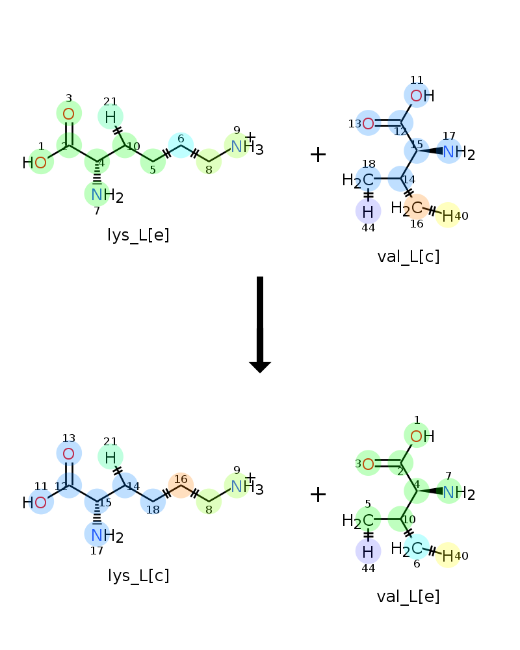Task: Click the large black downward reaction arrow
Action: click(x=260, y=324)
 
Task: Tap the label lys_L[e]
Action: click(x=138, y=235)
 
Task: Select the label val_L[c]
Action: click(x=408, y=257)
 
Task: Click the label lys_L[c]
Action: click(x=138, y=575)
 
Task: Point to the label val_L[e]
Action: click(x=408, y=597)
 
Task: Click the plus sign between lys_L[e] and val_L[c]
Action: click(x=318, y=155)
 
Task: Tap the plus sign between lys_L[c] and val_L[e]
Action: click(x=318, y=495)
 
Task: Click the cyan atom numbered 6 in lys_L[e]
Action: click(x=181, y=146)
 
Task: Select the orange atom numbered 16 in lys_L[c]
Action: click(x=181, y=486)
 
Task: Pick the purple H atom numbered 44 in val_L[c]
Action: click(x=369, y=212)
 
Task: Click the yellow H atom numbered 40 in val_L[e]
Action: click(x=448, y=556)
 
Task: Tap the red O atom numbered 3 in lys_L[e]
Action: click(x=69, y=114)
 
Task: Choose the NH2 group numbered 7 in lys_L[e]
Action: click(x=107, y=195)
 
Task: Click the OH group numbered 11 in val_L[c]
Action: click(x=422, y=96)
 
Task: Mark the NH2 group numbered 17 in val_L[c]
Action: click(x=459, y=153)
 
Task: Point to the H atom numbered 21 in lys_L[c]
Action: click(x=110, y=457)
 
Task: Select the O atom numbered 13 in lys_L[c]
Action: click(x=69, y=454)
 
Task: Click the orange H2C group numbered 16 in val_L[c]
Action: click(x=407, y=207)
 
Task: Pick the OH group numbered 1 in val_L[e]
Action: click(x=422, y=436)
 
